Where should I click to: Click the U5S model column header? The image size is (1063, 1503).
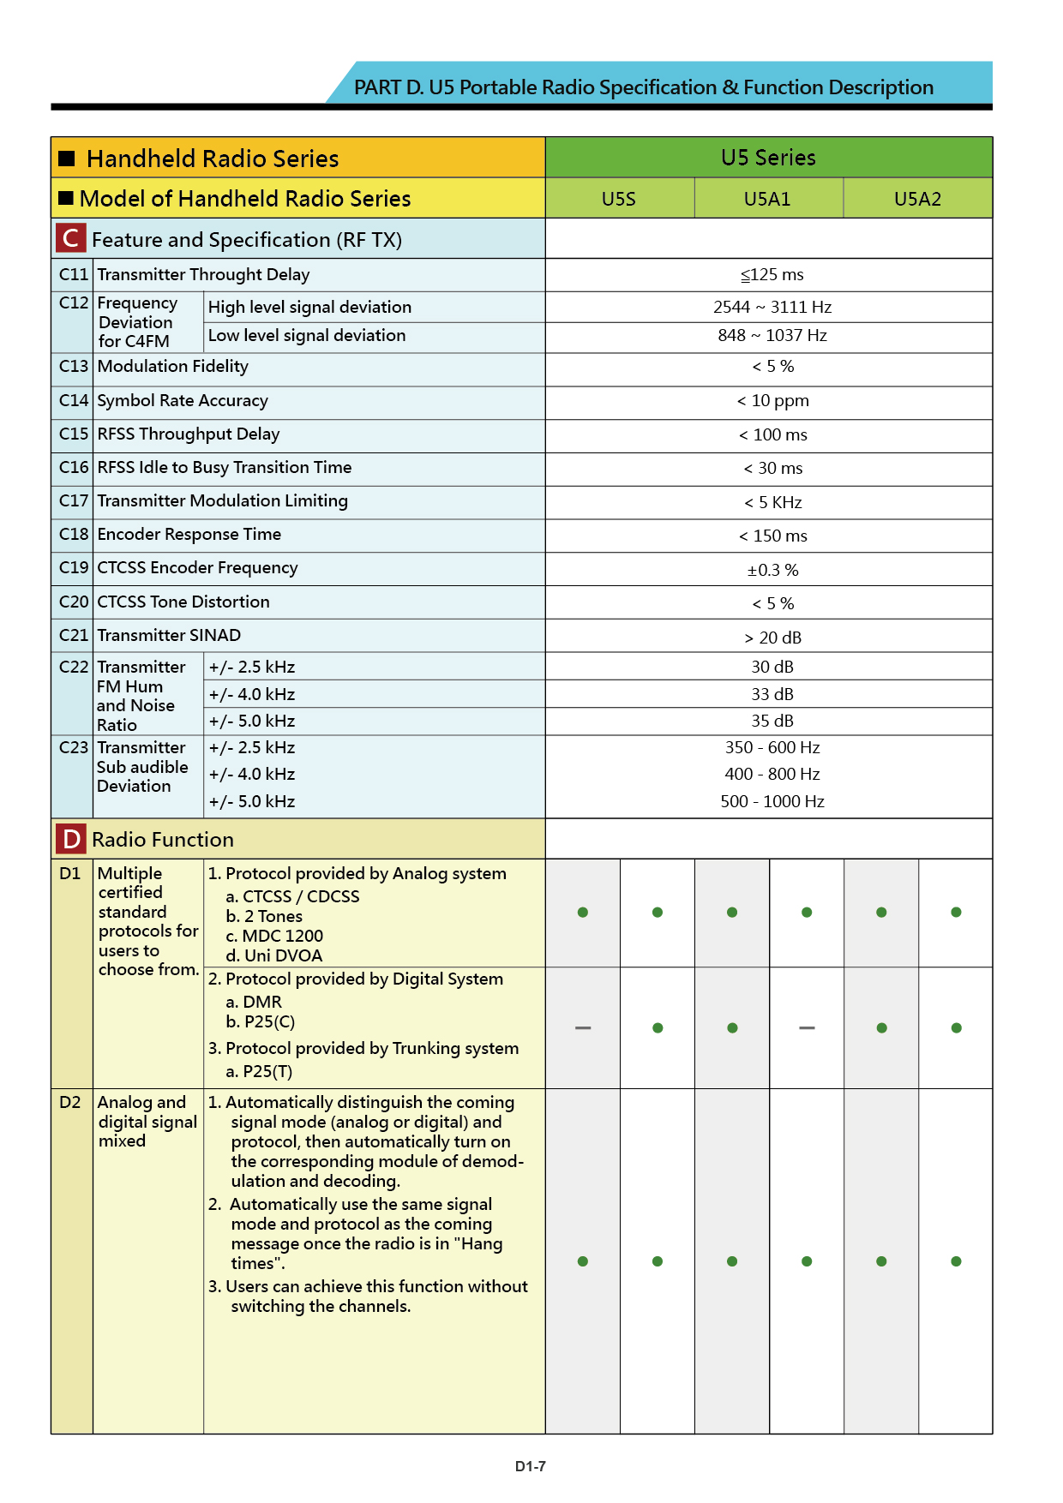pos(618,199)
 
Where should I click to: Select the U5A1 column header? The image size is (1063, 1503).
pos(767,199)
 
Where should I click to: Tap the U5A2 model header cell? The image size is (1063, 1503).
pos(917,199)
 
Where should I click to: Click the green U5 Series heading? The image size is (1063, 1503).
pos(768,158)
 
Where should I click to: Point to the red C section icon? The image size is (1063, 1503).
pos(71,238)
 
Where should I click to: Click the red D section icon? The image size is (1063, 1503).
pos(71,839)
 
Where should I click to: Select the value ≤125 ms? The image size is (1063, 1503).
pos(772,275)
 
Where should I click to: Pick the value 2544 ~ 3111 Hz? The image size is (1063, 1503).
pos(772,307)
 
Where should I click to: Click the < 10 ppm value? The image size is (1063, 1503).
pos(772,401)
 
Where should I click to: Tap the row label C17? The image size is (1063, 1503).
pos(74,501)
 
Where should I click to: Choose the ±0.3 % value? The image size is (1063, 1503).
pos(772,570)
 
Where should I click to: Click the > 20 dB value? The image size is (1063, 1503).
pos(772,638)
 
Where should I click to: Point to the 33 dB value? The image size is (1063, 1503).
pos(772,694)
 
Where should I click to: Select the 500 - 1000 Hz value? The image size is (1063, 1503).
pos(772,801)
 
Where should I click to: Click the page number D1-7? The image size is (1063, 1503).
pos(531,1466)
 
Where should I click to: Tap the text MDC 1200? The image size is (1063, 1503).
pos(282,936)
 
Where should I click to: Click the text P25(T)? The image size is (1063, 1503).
pos(267,1071)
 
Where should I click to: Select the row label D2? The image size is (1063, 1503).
pos(70,1103)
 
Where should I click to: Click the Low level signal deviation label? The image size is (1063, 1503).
pos(307,336)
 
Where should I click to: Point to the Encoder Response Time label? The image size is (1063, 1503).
pos(189,535)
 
